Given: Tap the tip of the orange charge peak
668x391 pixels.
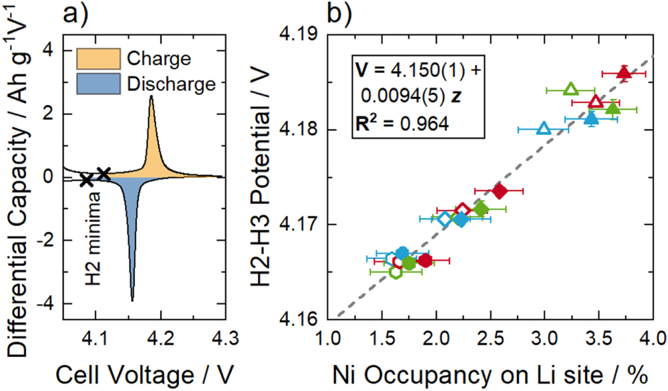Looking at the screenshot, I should tap(152, 96).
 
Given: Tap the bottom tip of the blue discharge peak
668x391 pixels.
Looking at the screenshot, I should tap(132, 301).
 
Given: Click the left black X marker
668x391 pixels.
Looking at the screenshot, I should tap(86, 180).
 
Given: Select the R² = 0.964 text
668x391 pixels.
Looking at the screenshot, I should tap(401, 124).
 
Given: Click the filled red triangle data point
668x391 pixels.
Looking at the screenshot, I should tap(623, 73).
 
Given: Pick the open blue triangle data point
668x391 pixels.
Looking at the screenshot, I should tap(544, 128).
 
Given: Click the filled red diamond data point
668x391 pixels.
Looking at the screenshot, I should tap(499, 191).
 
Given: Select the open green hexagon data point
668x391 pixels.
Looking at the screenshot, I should tap(395, 271).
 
